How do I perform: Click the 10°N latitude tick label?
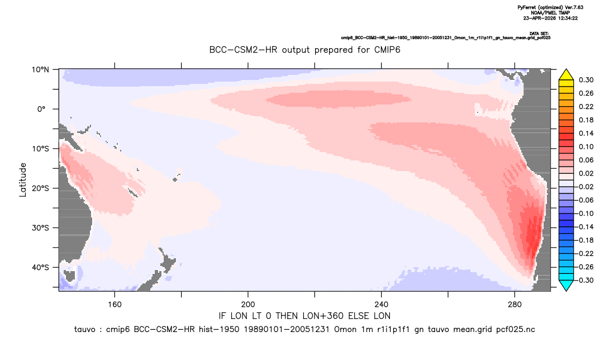click(40, 70)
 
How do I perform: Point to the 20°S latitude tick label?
click(40, 188)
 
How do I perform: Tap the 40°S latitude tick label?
click(40, 267)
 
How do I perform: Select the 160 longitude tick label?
click(115, 305)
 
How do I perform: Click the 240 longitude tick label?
click(382, 305)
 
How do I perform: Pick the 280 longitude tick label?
click(515, 305)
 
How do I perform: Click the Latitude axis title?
click(23, 180)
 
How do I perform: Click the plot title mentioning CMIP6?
click(304, 50)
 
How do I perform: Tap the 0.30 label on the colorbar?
click(586, 80)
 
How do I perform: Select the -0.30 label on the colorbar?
click(584, 280)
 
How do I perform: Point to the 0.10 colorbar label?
click(586, 146)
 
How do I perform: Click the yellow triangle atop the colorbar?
click(566, 75)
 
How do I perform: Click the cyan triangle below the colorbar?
click(566, 285)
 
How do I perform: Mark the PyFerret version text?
click(550, 7)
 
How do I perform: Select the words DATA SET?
click(539, 34)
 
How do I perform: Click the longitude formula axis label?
click(304, 316)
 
